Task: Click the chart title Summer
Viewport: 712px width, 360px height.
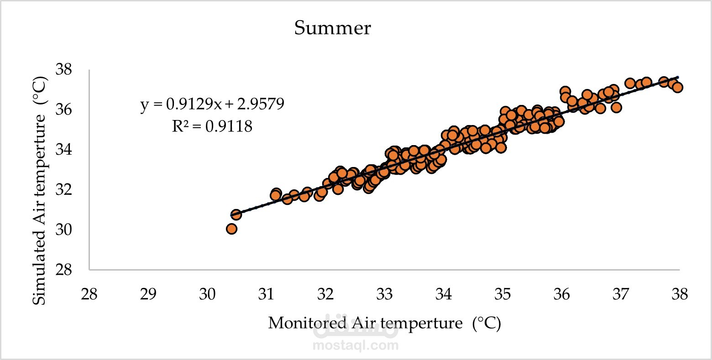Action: click(x=332, y=28)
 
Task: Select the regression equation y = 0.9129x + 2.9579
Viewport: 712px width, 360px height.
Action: click(x=212, y=104)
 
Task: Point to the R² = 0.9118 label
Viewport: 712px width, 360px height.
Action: click(x=212, y=126)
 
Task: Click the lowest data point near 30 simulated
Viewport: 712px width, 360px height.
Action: click(x=232, y=229)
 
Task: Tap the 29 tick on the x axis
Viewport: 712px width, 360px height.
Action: click(x=148, y=294)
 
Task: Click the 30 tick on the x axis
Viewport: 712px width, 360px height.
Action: click(x=207, y=294)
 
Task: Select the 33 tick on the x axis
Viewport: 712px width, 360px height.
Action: click(x=385, y=294)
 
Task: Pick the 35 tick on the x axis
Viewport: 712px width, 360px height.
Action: click(x=503, y=294)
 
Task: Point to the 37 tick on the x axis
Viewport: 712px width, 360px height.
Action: click(x=621, y=294)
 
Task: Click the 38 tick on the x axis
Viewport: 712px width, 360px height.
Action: click(x=680, y=294)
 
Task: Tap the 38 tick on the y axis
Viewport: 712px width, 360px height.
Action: click(x=63, y=69)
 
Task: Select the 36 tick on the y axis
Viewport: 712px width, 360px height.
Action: click(x=63, y=110)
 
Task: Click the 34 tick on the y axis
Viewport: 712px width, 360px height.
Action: click(x=63, y=149)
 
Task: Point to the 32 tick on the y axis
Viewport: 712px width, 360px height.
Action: click(x=63, y=190)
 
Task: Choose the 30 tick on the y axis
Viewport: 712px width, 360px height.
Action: click(x=63, y=230)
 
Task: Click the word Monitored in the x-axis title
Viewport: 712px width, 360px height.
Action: click(x=307, y=323)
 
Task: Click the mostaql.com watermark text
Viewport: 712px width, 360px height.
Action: click(x=356, y=345)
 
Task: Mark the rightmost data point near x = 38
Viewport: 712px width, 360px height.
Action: click(x=677, y=87)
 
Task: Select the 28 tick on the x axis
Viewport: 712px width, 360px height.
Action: click(x=89, y=294)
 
